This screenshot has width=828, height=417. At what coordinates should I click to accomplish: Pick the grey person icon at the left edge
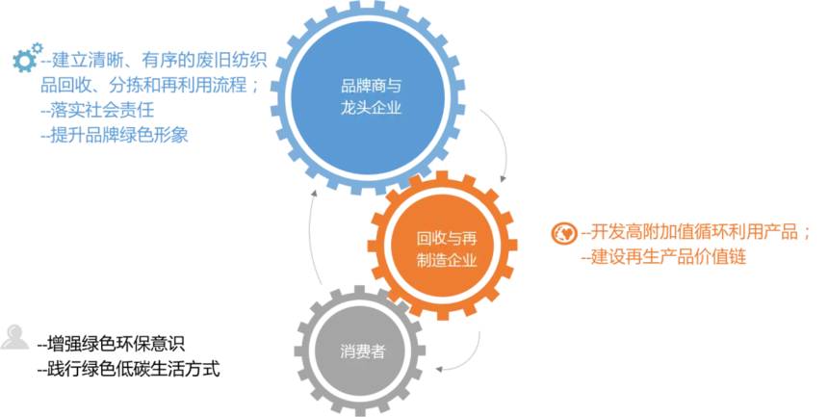(14, 336)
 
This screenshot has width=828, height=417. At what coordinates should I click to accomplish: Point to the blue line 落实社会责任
(97, 111)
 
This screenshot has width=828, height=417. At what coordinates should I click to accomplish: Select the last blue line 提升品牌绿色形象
(115, 135)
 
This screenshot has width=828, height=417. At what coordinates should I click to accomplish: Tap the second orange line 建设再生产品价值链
(663, 257)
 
